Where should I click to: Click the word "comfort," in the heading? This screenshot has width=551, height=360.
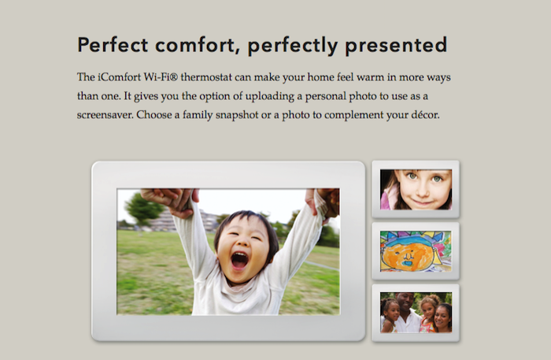pos(197,45)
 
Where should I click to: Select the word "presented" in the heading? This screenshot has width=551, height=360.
pos(396,46)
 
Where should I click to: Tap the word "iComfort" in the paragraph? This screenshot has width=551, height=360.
pos(119,77)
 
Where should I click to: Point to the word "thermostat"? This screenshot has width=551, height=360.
pos(206,77)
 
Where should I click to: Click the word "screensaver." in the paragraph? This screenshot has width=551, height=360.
pos(105,114)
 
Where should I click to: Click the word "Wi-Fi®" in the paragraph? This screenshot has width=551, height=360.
pos(161,77)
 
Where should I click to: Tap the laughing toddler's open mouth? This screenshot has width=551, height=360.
pos(239,261)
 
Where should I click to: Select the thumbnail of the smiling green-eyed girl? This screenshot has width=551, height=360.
pos(416,189)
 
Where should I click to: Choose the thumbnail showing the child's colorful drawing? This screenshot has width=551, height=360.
pos(416,251)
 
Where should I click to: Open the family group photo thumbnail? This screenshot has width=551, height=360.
pos(416,313)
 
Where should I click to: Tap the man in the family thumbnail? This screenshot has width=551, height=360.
pos(408,312)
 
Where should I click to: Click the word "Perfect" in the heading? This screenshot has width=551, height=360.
pos(113,45)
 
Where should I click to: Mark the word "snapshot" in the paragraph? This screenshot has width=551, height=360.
pos(237,115)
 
